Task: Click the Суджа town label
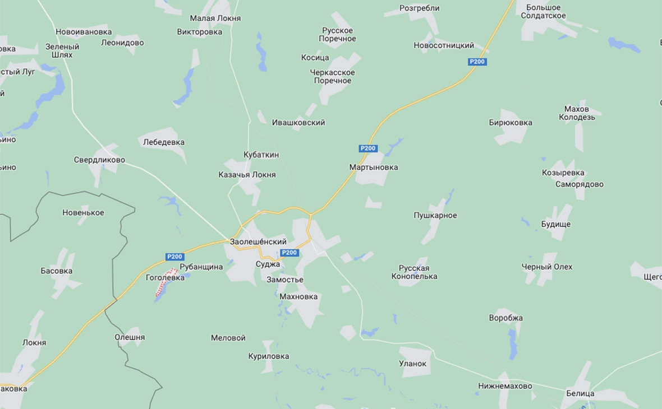268,264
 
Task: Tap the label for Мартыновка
374,167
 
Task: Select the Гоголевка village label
165,277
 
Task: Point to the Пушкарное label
435,215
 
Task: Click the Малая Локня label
215,18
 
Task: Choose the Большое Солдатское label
543,11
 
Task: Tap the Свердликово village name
99,160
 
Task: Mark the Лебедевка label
164,142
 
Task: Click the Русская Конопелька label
414,272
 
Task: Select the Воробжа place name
506,318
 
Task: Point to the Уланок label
413,364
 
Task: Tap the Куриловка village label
269,356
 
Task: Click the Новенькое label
84,212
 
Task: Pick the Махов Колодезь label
577,113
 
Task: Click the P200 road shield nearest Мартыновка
368,148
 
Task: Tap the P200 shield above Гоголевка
174,257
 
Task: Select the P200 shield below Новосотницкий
477,62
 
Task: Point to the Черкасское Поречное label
333,76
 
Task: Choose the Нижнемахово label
505,385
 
